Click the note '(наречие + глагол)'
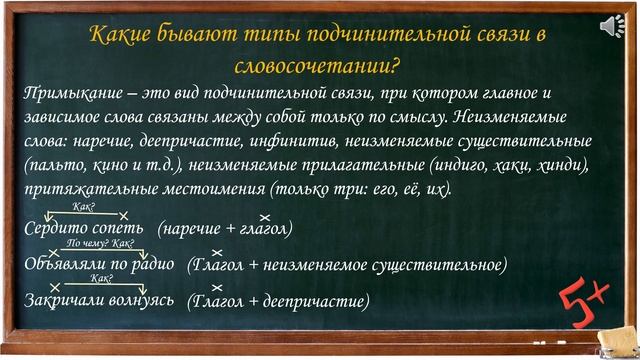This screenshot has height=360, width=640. coord(225,229)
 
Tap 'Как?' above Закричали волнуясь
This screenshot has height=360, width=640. coord(101,278)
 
